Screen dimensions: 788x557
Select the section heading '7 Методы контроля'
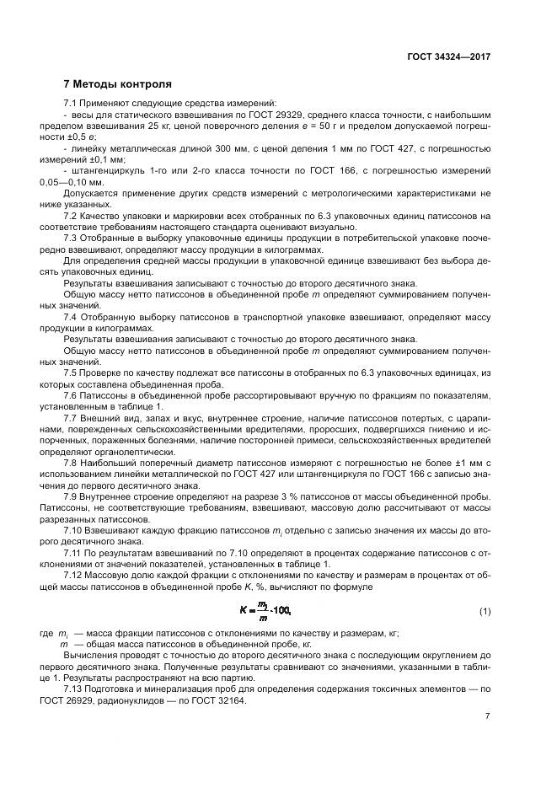[118, 84]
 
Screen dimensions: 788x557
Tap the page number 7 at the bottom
[488, 716]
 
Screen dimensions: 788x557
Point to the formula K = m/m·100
[264, 609]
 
